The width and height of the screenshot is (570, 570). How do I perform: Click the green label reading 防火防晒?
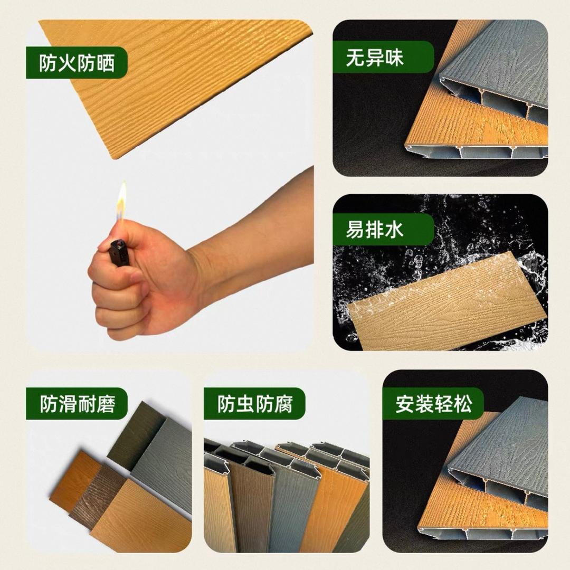coord(77,64)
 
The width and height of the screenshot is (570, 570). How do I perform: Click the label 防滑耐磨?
coord(77,404)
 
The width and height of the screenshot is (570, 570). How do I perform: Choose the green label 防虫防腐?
coord(254,404)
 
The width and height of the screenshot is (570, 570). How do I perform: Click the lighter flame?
coord(122,203)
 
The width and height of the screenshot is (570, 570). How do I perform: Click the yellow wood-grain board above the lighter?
coord(174,79)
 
